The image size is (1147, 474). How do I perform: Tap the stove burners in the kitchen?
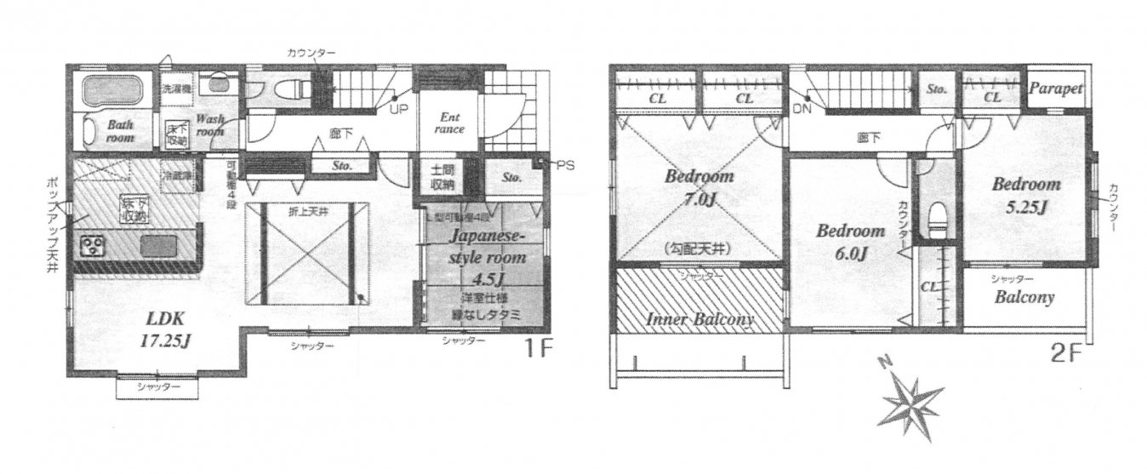click(x=92, y=247)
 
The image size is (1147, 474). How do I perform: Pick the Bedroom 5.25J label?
click(x=1025, y=194)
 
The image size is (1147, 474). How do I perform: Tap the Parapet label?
click(x=1056, y=88)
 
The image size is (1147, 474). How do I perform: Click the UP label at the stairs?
click(x=397, y=110)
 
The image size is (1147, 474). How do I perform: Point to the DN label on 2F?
click(x=802, y=109)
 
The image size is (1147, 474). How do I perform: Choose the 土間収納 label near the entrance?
click(x=442, y=177)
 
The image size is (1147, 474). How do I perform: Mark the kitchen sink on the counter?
click(x=158, y=247)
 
